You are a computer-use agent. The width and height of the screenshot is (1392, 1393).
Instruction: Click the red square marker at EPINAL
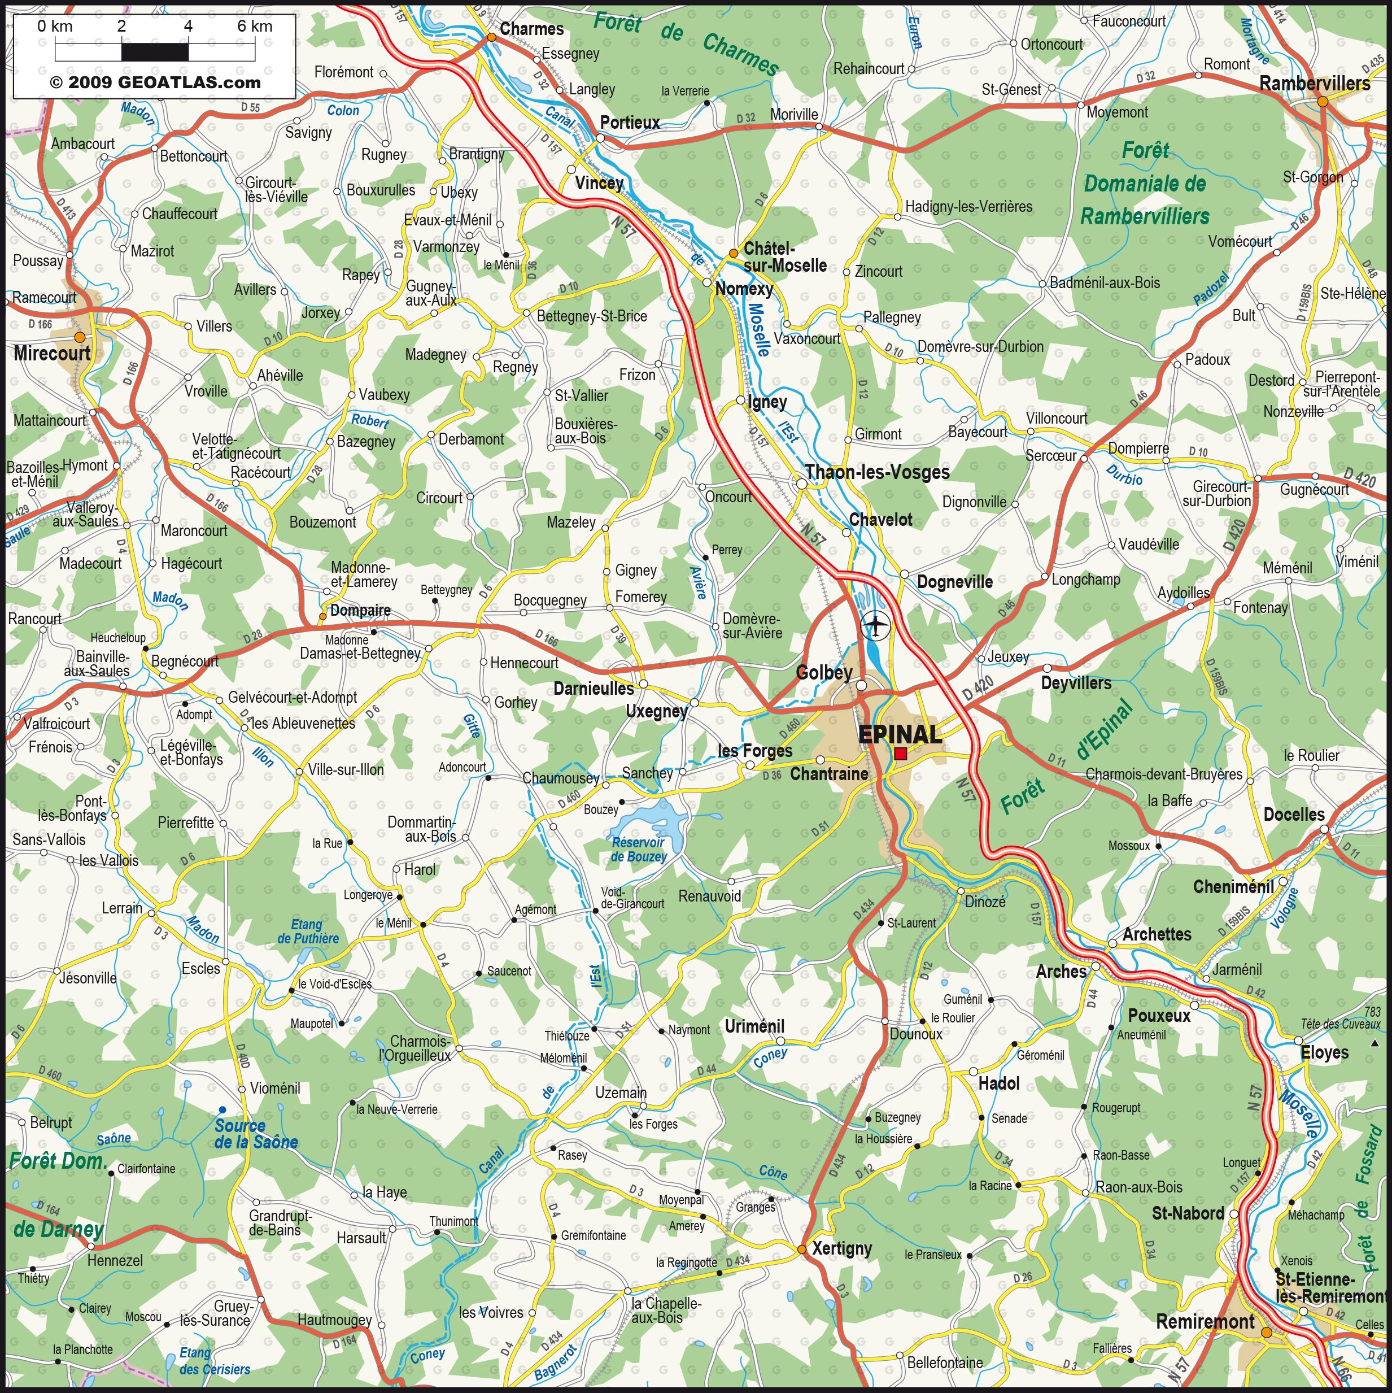pyautogui.click(x=900, y=753)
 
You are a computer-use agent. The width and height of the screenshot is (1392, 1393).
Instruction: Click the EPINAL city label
pyautogui.click(x=900, y=734)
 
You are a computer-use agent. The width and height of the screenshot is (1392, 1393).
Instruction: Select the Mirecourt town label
pyautogui.click(x=52, y=353)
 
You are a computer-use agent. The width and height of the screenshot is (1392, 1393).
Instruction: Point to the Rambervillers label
pyautogui.click(x=1314, y=84)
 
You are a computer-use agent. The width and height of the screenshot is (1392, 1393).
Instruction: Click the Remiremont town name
pyautogui.click(x=1205, y=1322)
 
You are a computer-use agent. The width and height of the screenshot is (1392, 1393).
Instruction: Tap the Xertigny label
pyautogui.click(x=841, y=1248)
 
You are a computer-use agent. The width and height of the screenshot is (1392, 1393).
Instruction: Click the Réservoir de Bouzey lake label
pyautogui.click(x=639, y=850)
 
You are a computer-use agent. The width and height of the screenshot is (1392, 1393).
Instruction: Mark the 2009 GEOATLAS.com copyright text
pyautogui.click(x=155, y=82)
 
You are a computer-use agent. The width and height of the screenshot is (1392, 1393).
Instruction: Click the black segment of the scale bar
pyautogui.click(x=155, y=52)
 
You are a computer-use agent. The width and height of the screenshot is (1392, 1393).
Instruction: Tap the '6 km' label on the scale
pyautogui.click(x=255, y=27)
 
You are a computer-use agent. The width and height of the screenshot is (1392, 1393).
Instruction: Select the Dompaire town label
pyautogui.click(x=360, y=611)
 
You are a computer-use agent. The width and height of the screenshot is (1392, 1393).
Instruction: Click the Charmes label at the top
pyautogui.click(x=531, y=29)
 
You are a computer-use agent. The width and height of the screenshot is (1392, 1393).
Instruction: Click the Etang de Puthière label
pyautogui.click(x=307, y=931)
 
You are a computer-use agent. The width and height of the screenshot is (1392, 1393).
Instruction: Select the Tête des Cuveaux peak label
pyautogui.click(x=1340, y=1024)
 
